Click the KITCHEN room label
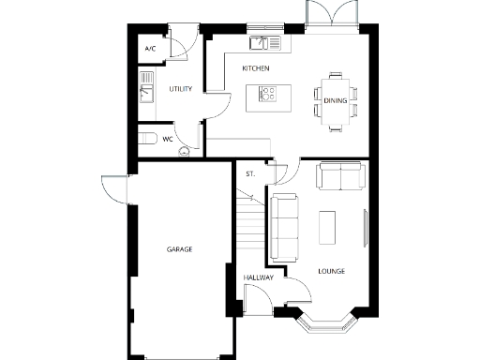tap(256, 69)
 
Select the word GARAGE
tap(179, 249)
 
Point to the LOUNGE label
tap(330, 272)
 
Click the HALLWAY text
tap(258, 278)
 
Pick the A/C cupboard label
tap(150, 48)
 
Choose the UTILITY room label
tap(180, 89)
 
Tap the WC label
tap(168, 139)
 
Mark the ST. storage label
tap(250, 174)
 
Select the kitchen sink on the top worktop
tap(259, 42)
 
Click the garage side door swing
tap(114, 191)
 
